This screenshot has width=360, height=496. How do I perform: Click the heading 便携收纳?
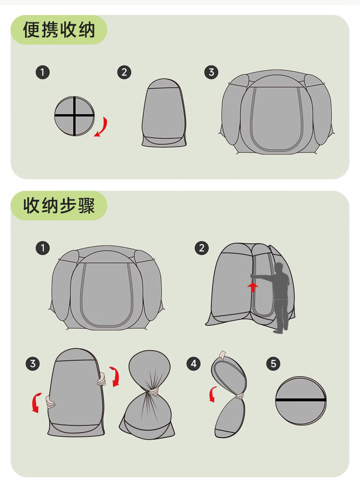(59, 30)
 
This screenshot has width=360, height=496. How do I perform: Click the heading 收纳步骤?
(59, 205)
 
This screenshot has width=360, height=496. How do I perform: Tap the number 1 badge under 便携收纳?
(42, 72)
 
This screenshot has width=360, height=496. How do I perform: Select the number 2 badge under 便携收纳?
(124, 72)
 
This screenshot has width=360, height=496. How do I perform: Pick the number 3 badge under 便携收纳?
(211, 72)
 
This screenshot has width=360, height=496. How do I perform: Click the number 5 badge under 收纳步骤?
(273, 363)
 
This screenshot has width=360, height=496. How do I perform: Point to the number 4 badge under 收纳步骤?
(194, 363)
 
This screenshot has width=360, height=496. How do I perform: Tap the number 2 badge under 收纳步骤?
(202, 248)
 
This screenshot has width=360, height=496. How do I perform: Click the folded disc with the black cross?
(74, 116)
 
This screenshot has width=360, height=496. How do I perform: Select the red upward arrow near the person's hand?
(252, 287)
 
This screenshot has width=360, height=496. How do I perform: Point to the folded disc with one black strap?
(300, 400)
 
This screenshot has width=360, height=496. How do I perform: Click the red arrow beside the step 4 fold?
(212, 394)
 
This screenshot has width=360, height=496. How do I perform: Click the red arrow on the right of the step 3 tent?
(115, 376)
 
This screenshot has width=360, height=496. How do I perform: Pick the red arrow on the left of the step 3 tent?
(36, 402)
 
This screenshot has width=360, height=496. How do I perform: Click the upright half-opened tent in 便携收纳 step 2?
(164, 113)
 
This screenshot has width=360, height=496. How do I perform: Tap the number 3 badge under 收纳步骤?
(33, 363)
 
